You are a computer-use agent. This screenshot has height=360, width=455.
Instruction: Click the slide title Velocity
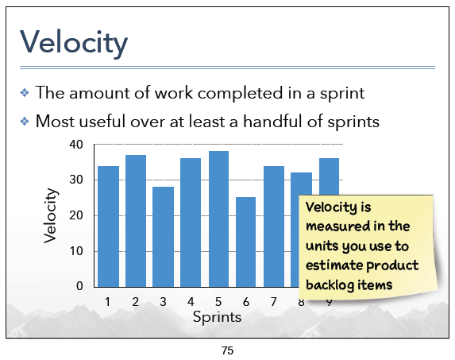click(x=74, y=43)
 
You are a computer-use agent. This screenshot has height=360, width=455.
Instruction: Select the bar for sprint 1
click(x=108, y=226)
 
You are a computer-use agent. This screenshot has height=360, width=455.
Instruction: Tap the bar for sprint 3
click(x=163, y=237)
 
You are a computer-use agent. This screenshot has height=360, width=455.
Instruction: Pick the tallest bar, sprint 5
click(x=218, y=219)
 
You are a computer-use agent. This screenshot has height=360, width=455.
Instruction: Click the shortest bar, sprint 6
click(x=246, y=242)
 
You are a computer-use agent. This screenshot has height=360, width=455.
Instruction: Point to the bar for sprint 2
click(x=136, y=221)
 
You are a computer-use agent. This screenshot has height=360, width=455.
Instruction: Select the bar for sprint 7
click(x=274, y=226)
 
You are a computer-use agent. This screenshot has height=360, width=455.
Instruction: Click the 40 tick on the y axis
click(x=76, y=145)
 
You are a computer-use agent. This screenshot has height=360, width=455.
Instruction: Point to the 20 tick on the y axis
click(x=76, y=215)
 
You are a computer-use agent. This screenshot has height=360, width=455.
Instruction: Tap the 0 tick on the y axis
click(x=79, y=286)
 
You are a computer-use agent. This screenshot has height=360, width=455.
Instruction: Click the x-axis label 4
click(x=191, y=302)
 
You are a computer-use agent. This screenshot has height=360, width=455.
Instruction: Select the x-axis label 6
click(x=246, y=302)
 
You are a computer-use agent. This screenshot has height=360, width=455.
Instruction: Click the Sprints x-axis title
click(x=217, y=317)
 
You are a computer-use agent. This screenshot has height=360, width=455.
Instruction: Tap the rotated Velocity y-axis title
click(x=50, y=215)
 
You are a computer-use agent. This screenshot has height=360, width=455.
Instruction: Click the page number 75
click(x=227, y=350)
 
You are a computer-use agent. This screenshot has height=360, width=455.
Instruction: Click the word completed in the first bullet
click(x=241, y=94)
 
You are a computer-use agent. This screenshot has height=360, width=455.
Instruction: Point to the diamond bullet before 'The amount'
click(x=25, y=93)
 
